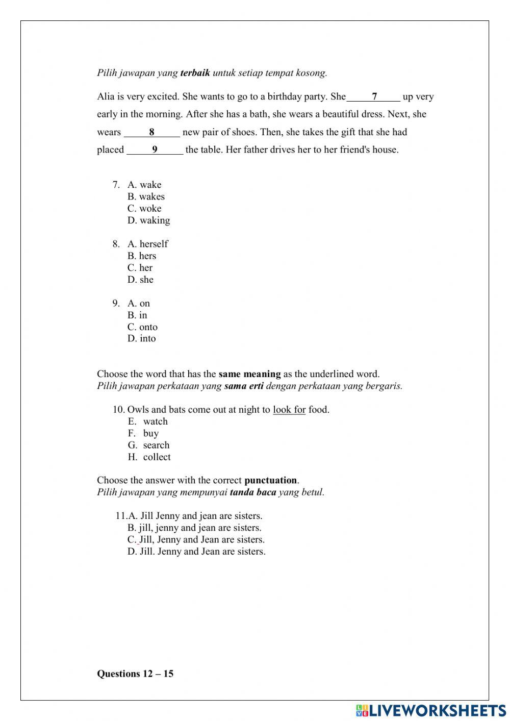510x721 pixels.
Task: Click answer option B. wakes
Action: pos(146,196)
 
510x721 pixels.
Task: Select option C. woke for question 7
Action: pos(144,208)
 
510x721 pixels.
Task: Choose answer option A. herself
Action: pos(147,244)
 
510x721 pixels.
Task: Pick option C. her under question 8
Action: pos(140,268)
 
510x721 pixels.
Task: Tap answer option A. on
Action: pos(139,304)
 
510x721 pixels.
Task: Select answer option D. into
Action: pos(141,339)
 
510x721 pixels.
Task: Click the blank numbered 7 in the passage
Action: pos(374,96)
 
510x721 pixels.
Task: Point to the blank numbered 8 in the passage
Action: pos(152,132)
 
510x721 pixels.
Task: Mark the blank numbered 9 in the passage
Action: pos(155,150)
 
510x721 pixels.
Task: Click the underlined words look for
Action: pos(289,410)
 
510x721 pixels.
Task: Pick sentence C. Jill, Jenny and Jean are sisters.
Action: pos(196,540)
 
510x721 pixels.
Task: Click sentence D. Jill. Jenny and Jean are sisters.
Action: pos(196,552)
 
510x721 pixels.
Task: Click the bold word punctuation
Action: pos(271,480)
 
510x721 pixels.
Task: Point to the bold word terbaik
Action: pos(195,73)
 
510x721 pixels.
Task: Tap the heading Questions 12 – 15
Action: pos(135,674)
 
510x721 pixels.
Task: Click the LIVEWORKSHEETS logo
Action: pos(430,710)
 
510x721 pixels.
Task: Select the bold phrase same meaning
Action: pos(249,374)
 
